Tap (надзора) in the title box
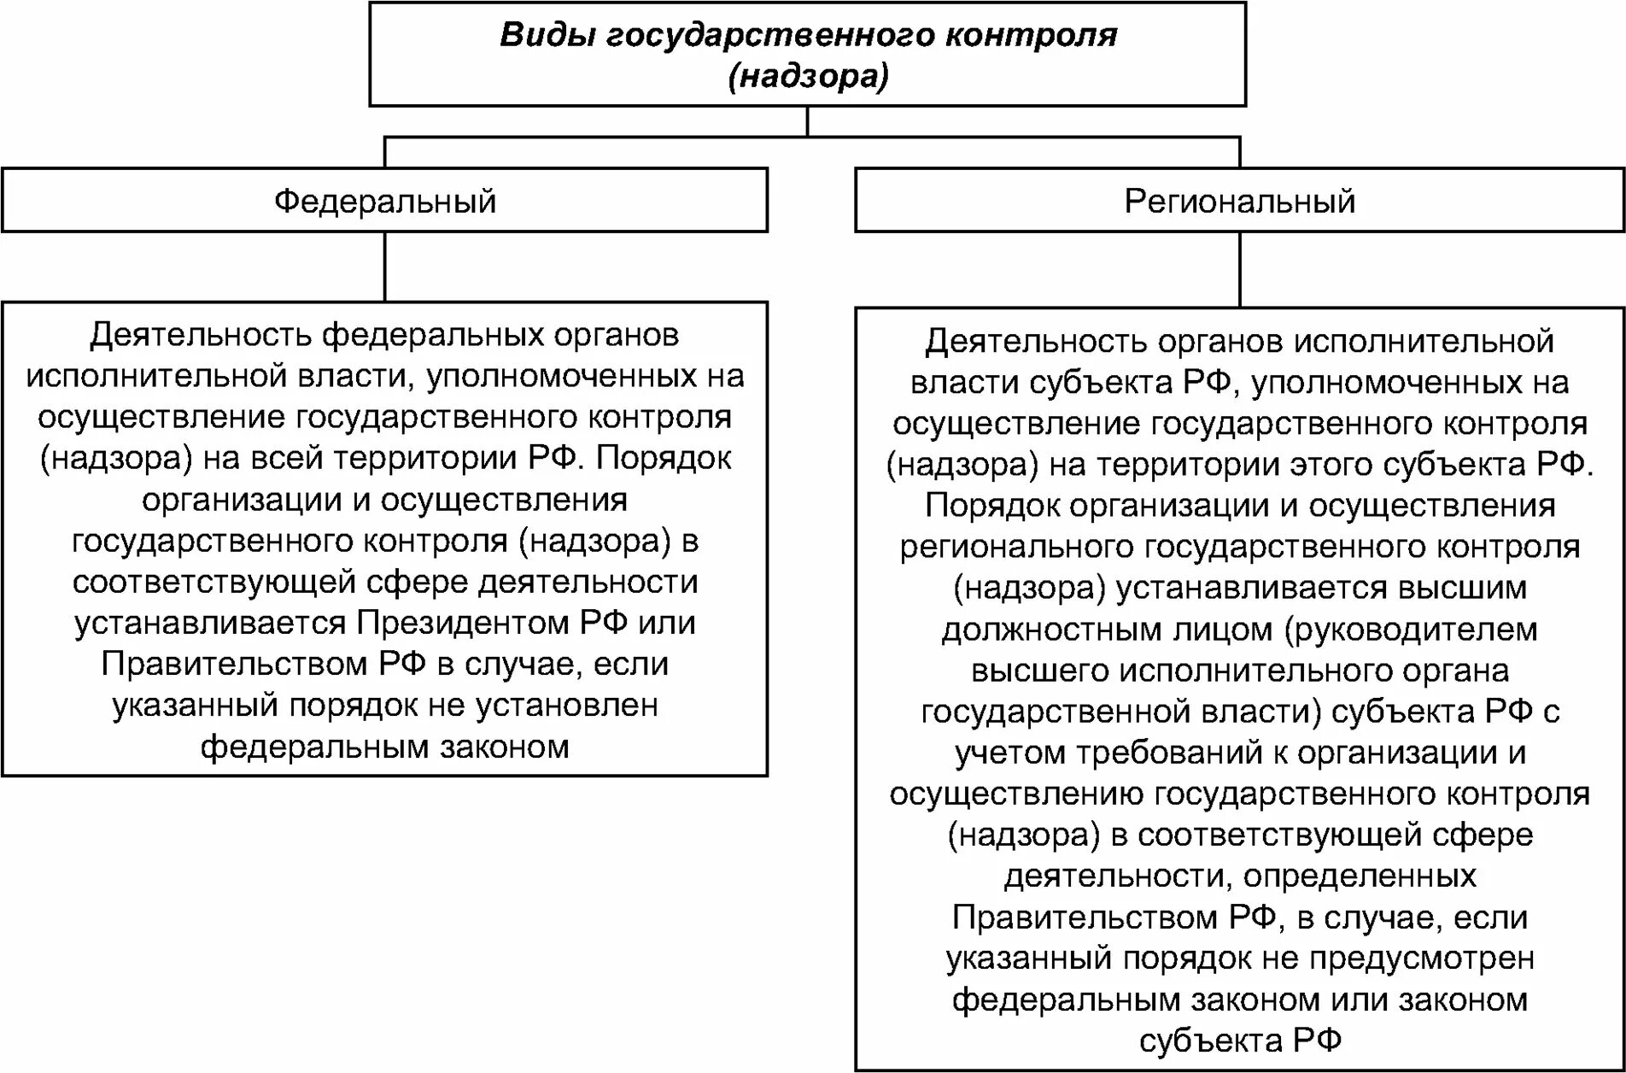point(808,76)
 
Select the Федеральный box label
point(385,202)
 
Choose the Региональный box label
point(1239,202)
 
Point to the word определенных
point(1360,876)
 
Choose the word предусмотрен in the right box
point(1422,959)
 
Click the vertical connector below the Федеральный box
point(385,267)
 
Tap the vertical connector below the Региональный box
point(1239,269)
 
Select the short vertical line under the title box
point(807,121)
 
